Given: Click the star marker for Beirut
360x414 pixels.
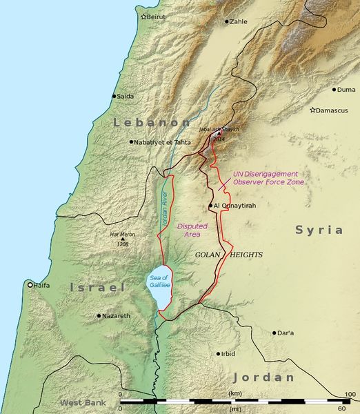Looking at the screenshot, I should [144, 17].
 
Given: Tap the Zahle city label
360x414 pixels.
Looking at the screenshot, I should [238, 22].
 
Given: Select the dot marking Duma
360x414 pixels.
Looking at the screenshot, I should [334, 90].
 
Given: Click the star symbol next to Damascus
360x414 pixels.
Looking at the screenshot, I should [312, 110].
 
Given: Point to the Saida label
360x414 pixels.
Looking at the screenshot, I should [125, 97].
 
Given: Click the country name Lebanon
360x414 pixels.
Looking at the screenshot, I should [142, 122].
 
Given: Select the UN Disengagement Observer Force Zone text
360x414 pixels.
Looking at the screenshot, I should [265, 178].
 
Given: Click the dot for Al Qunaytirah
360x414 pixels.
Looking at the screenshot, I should [210, 206].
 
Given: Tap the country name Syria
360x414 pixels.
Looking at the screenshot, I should [319, 230].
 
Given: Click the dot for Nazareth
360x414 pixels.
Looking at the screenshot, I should [99, 316].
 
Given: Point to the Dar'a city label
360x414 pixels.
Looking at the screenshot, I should [285, 333].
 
